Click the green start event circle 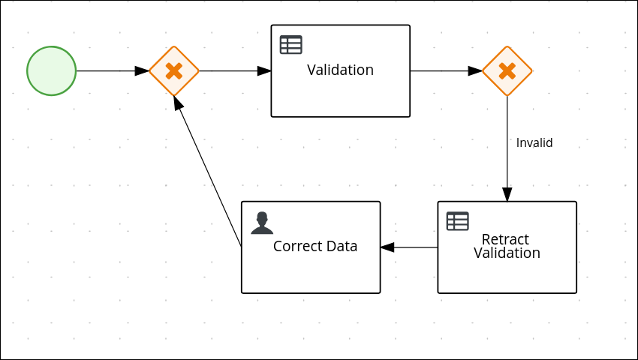pos(52,71)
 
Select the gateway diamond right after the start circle pos(173,71)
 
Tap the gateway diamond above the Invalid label pos(507,71)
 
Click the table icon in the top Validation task pos(290,45)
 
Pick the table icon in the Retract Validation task pos(457,221)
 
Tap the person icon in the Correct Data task pos(262,223)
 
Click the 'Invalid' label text pos(534,142)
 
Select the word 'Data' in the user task pos(344,246)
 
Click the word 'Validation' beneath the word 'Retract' pos(507,253)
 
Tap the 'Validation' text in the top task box pos(340,70)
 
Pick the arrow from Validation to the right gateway pos(443,71)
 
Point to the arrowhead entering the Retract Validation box pos(507,195)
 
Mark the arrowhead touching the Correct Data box pos(387,247)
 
